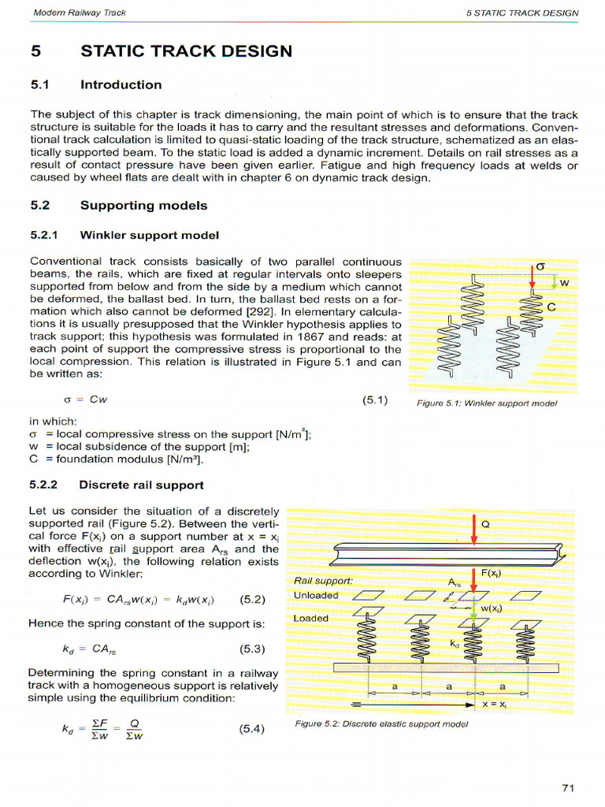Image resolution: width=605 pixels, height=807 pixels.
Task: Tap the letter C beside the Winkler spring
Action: click(x=551, y=307)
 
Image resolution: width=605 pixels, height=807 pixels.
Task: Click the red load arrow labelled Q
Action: click(x=474, y=530)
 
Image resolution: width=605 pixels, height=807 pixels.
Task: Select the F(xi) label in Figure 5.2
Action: click(x=492, y=574)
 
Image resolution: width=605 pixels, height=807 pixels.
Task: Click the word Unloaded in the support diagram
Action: click(x=316, y=595)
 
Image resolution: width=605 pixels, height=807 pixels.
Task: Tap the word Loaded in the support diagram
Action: click(x=311, y=618)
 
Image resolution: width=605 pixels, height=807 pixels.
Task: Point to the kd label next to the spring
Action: click(x=455, y=643)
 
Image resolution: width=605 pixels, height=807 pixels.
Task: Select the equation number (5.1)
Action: click(x=376, y=400)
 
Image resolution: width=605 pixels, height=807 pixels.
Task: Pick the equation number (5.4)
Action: click(x=252, y=729)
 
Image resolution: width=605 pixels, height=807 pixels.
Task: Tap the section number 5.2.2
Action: click(x=48, y=485)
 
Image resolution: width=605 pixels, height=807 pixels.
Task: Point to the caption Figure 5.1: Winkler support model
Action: click(x=486, y=403)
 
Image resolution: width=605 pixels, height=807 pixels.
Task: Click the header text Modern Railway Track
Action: click(x=80, y=13)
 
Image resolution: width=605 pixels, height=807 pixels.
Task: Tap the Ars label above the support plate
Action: click(x=454, y=582)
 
